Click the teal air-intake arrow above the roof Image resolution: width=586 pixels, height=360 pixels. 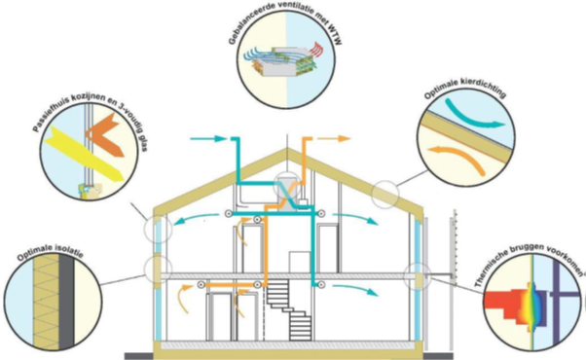click(207, 139)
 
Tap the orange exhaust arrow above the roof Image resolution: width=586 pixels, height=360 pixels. click(334, 139)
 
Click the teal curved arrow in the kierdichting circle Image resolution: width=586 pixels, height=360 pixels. click(474, 113)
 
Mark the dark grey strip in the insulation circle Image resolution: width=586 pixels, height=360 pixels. click(66, 302)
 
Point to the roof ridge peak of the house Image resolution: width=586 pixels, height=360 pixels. click(287, 149)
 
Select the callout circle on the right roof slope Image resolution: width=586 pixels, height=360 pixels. click(385, 195)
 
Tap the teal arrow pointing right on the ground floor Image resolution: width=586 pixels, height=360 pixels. click(354, 290)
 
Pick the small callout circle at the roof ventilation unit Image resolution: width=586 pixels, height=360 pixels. click(287, 186)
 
